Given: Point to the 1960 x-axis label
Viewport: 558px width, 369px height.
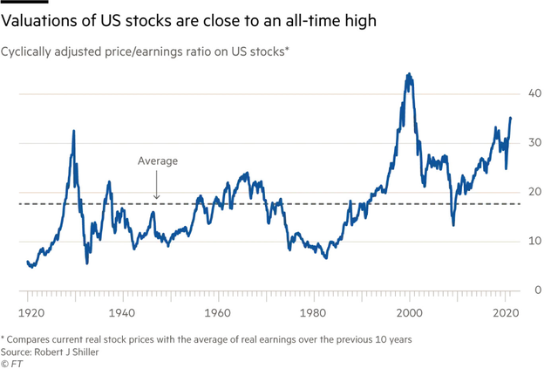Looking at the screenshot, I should tap(217, 312).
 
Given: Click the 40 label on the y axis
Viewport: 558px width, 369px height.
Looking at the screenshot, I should tap(536, 93).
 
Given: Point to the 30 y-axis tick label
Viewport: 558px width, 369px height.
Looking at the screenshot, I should tap(536, 142).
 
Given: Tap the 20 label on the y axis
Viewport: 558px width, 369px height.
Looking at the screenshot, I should tap(536, 192).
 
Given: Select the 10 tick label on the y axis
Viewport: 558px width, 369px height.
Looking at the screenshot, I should tap(536, 241).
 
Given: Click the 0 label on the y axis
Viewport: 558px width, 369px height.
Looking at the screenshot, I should tap(540, 290).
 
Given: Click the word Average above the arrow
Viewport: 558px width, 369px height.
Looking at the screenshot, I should tap(158, 161).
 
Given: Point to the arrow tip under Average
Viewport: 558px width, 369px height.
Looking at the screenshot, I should tap(157, 201).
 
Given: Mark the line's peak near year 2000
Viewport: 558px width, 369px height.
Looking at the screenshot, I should tap(409, 74).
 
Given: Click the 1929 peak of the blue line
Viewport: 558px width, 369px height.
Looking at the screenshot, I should tap(73, 131).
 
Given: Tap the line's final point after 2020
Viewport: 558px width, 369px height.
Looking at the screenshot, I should tap(511, 118).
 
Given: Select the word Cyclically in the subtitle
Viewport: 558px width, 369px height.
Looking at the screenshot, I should tap(29, 52).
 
